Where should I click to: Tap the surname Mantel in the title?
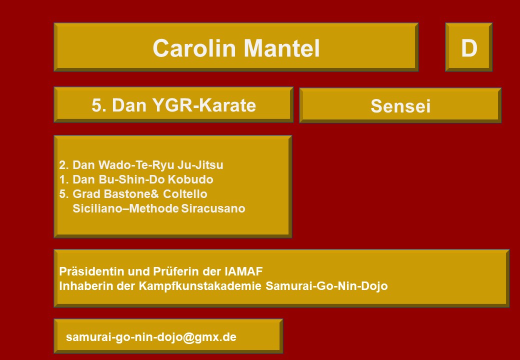coord(282,48)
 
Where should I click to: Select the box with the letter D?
coord(468,47)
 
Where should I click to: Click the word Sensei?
coord(400,106)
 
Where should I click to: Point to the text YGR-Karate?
coord(204,105)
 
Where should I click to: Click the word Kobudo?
coord(190,179)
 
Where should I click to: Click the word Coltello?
coord(185,194)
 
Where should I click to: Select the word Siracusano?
coord(213,208)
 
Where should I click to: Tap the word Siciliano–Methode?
coord(126,208)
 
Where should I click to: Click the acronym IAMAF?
coord(244,271)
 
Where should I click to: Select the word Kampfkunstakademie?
coord(200,286)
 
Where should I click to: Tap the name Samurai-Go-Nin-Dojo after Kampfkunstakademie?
coord(326,286)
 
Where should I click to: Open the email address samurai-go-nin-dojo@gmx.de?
coord(151,337)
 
